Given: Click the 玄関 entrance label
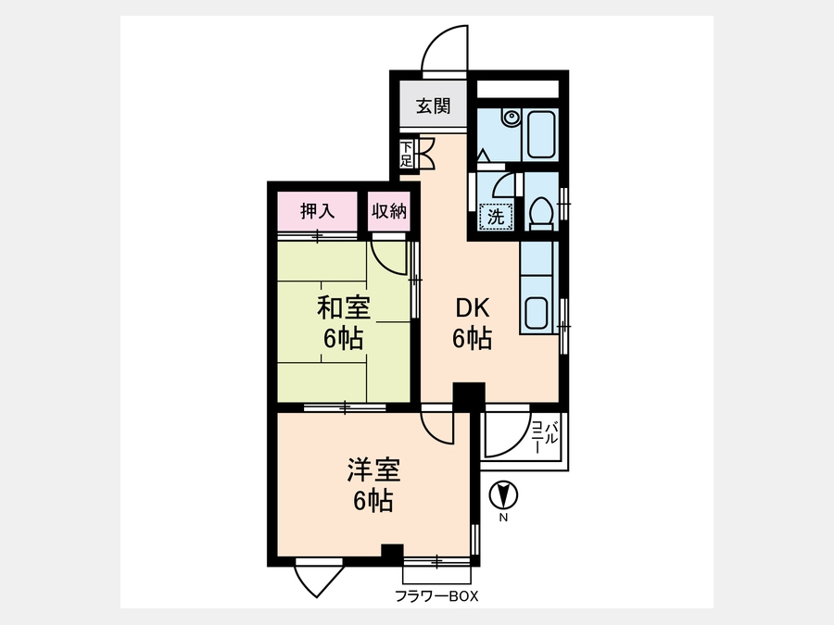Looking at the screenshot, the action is click(434, 106).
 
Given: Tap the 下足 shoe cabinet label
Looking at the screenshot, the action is click(407, 153).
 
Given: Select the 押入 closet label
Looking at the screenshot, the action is click(318, 211).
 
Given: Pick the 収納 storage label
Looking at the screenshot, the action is click(389, 211).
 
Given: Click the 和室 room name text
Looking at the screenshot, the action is click(344, 307).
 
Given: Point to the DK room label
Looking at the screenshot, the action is click(473, 307).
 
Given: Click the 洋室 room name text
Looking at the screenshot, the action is click(373, 469).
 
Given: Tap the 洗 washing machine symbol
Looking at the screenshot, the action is click(497, 217).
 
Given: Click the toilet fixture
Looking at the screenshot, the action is click(541, 214).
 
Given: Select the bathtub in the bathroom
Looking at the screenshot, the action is click(541, 134).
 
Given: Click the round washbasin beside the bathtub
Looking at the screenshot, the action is click(512, 117).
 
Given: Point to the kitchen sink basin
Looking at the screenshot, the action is click(537, 314).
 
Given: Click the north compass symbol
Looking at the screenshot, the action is click(503, 495).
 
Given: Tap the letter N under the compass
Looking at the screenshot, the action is click(503, 519).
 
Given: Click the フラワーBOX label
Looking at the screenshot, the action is click(436, 596).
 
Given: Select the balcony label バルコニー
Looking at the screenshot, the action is click(545, 436).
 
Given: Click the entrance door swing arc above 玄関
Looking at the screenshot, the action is click(437, 37).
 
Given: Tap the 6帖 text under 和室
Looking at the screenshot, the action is click(344, 339).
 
